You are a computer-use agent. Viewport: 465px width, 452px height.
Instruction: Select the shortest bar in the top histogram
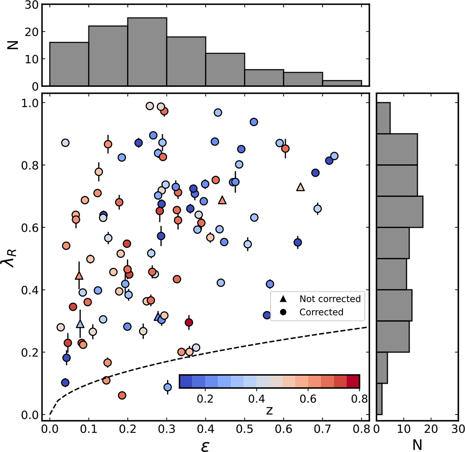click(x=342, y=83)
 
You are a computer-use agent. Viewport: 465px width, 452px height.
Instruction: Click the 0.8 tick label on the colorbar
click(x=359, y=399)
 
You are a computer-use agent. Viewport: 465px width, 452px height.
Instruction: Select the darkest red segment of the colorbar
click(x=353, y=381)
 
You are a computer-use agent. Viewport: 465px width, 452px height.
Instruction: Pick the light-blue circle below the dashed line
click(x=168, y=387)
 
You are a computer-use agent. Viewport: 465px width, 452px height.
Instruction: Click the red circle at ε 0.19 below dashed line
click(x=122, y=395)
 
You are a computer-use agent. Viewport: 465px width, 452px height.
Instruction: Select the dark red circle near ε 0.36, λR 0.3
click(x=189, y=322)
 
